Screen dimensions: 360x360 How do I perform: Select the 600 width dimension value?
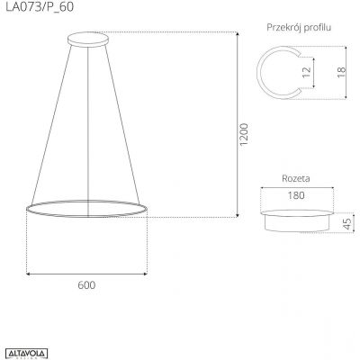86,285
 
